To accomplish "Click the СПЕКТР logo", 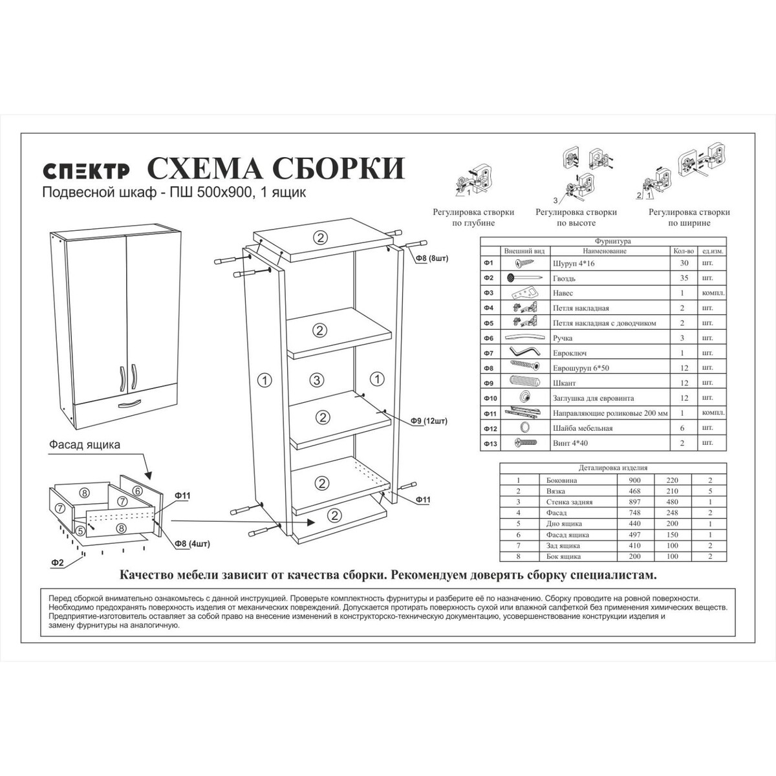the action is [x=87, y=171].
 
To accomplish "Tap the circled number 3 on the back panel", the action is [x=317, y=380].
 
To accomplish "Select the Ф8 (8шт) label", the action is [x=432, y=258].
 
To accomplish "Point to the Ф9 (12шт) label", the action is [x=429, y=421].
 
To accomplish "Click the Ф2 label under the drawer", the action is [x=58, y=563].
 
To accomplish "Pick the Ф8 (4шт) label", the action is [x=192, y=544].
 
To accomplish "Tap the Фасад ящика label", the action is [x=85, y=444].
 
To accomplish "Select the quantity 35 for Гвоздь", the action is [x=684, y=278].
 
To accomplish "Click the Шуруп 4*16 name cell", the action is [x=574, y=264].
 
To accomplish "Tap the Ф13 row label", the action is [x=490, y=444].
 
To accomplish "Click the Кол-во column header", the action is [x=684, y=251].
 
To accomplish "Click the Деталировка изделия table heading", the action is [x=613, y=468].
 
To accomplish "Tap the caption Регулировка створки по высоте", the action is [x=576, y=217].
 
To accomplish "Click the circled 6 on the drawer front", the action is [x=137, y=491].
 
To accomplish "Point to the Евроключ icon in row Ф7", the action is [x=524, y=352].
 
